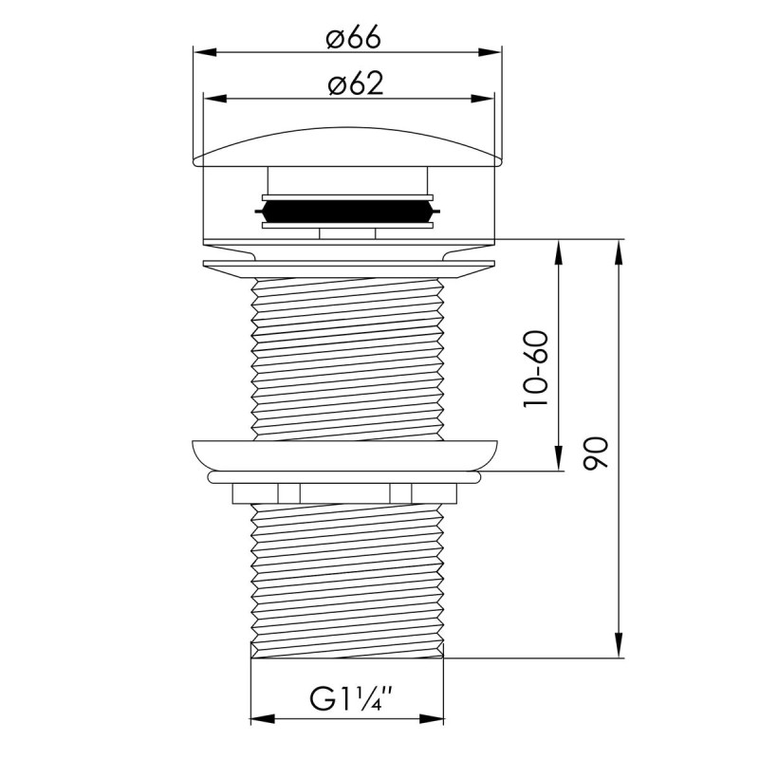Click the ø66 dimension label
pyautogui.click(x=352, y=39)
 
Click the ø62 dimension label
pyautogui.click(x=355, y=83)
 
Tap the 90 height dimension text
pyautogui.click(x=597, y=454)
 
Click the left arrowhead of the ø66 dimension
pyautogui.click(x=200, y=50)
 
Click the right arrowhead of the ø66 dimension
pyautogui.click(x=495, y=50)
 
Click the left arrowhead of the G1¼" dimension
pyautogui.click(x=258, y=717)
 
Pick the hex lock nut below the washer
pyautogui.click(x=347, y=492)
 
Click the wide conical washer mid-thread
pyautogui.click(x=347, y=454)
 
